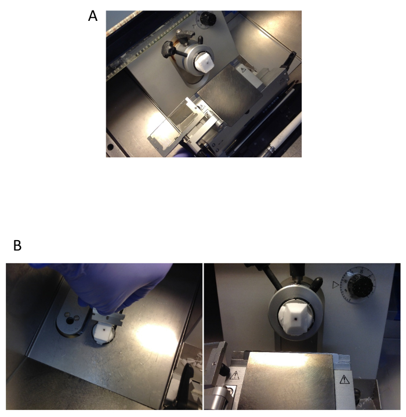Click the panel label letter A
[x=93, y=16]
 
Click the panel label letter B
[x=17, y=245]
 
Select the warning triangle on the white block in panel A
[x=243, y=70]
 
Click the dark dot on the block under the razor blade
[x=106, y=331]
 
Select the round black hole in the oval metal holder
[x=70, y=321]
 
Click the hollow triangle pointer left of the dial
[x=336, y=285]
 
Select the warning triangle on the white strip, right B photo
[x=345, y=379]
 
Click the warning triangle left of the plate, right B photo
[x=234, y=375]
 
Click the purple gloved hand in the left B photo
[x=106, y=284]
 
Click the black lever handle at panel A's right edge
[x=289, y=59]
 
